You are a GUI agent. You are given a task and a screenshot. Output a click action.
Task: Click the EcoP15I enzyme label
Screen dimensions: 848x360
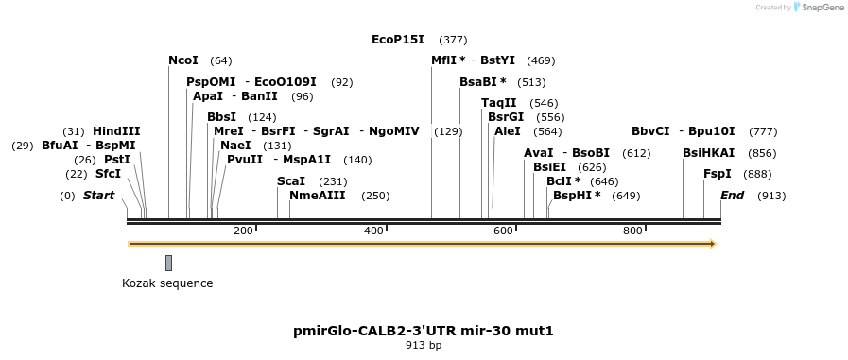pos(397,40)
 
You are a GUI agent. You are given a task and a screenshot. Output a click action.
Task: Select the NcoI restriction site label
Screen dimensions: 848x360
pos(183,60)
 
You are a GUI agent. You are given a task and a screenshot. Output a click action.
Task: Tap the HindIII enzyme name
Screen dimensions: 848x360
pos(116,131)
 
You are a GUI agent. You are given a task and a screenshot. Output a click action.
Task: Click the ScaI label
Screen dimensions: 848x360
pos(291,181)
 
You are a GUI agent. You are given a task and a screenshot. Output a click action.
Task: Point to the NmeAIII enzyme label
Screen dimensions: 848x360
pos(318,196)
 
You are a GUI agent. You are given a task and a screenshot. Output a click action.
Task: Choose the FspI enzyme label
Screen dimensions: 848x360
pos(718,174)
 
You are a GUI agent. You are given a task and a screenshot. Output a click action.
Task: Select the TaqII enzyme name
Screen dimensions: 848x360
pos(499,103)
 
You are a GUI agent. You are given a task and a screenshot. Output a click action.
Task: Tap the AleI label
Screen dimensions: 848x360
pos(508,131)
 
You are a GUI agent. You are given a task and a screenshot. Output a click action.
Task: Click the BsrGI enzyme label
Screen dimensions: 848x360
pos(506,117)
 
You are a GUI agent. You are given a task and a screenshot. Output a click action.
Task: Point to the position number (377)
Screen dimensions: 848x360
pos(454,41)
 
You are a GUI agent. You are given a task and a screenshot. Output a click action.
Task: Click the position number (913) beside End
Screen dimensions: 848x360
pos(771,197)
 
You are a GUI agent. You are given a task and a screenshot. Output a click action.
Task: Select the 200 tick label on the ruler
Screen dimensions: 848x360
pos(243,231)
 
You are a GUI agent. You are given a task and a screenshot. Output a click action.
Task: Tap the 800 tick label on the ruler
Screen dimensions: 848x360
pos(632,231)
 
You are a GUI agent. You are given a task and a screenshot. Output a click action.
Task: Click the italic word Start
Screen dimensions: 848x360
pos(99,196)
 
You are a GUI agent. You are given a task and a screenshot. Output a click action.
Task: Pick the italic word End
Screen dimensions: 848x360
pos(733,196)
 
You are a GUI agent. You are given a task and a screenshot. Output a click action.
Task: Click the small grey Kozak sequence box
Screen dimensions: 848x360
pos(168,263)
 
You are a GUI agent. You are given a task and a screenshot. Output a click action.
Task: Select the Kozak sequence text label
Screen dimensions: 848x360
pos(167,283)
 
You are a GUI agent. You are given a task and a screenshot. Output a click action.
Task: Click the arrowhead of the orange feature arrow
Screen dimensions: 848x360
pos(712,244)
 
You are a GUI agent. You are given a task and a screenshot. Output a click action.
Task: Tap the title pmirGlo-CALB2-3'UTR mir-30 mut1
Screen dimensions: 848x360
pos(424,331)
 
